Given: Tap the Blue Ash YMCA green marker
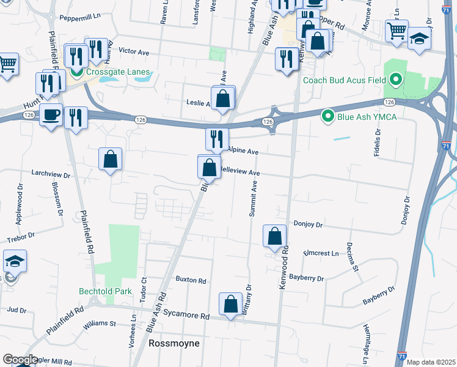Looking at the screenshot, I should [328, 115].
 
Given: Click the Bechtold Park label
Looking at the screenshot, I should [105, 292].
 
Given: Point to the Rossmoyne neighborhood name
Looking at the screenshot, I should [174, 344].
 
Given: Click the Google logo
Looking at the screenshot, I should [20, 360].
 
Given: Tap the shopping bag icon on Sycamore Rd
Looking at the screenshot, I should [230, 304].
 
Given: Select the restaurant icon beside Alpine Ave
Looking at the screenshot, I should [216, 139].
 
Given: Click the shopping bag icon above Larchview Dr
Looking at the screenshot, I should [110, 160].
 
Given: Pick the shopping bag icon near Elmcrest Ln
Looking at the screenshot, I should [274, 236].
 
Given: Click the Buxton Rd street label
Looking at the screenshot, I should [191, 280].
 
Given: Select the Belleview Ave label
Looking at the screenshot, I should [239, 173].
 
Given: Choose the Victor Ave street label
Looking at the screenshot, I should [134, 53].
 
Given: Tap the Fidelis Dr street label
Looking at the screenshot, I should [377, 142].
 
